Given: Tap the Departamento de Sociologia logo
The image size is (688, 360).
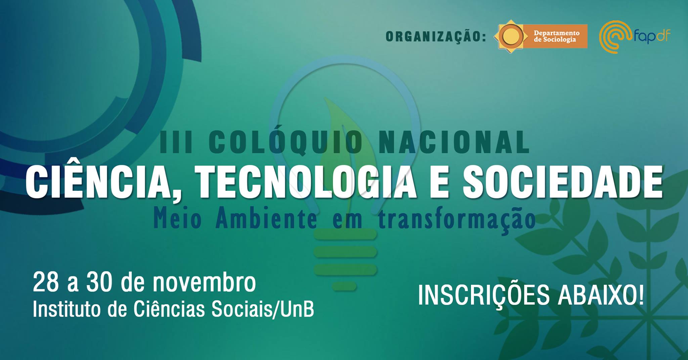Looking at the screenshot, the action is click(541, 37).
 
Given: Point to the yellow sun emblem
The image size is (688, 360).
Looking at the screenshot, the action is click(511, 37).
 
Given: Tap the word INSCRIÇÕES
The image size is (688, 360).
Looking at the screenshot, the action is click(484, 296).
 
